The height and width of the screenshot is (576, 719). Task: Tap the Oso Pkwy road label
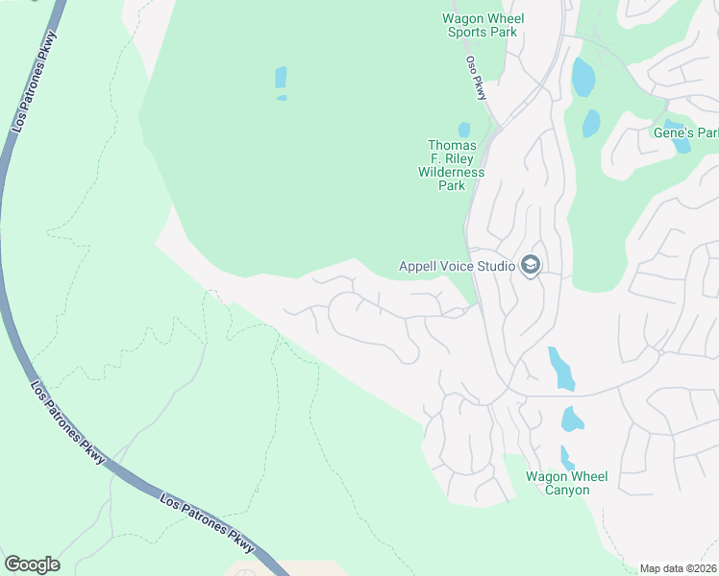pos(476,78)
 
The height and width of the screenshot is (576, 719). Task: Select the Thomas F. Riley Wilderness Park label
pos(452,165)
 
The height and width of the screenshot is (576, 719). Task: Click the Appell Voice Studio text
pos(458,266)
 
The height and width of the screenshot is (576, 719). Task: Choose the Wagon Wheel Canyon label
pos(571,483)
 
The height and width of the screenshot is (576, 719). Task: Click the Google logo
pos(32,564)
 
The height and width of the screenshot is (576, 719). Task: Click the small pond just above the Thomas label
pos(464,130)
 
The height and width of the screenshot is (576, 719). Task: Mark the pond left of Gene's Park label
pos(591,123)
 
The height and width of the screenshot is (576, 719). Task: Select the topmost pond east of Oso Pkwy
pos(583,77)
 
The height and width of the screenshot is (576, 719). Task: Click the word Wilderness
pos(452,172)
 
